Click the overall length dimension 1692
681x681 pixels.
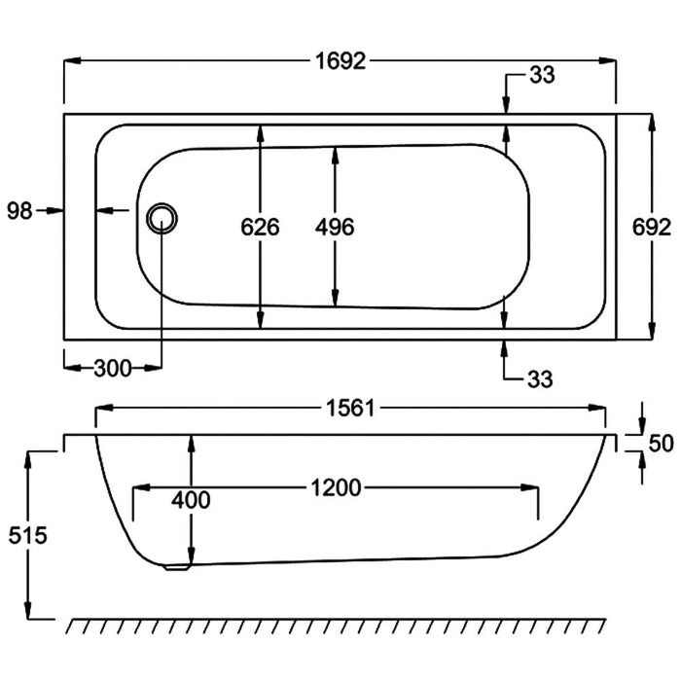point(340,61)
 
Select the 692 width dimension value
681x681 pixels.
point(651,228)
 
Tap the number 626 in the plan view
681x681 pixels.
point(260,228)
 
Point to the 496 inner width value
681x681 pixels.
point(335,228)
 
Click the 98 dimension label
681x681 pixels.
point(18,209)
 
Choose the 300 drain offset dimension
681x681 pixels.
point(113,368)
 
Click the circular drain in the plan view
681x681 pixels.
point(162,217)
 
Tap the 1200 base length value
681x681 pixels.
point(336,487)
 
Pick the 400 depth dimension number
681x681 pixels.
point(191,500)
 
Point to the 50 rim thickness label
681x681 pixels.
point(661,444)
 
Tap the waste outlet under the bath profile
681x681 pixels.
point(176,567)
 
